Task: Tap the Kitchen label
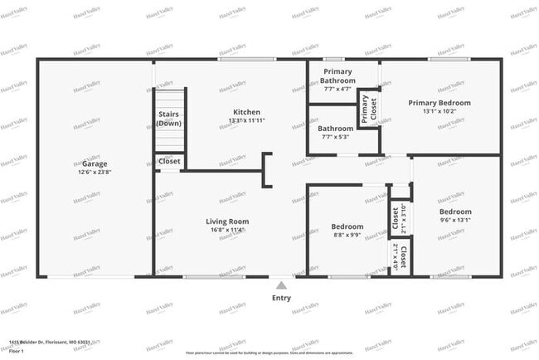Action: coord(246,112)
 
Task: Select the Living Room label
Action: coord(228,221)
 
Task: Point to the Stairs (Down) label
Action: coord(169,119)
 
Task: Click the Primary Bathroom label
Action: coord(338,75)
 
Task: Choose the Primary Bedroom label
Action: coord(439,103)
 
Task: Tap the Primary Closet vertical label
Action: coord(365,109)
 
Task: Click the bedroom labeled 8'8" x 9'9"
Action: coord(347,226)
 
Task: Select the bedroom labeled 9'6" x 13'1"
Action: coord(455,212)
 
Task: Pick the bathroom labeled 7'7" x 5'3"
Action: coord(336,129)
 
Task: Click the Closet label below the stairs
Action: coord(170,161)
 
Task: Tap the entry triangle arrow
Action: coord(281,284)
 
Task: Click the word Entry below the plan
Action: coord(281,298)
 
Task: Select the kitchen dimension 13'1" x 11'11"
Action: coord(246,121)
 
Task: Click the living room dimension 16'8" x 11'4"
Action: coord(228,231)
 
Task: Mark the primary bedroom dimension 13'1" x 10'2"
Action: coord(439,112)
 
